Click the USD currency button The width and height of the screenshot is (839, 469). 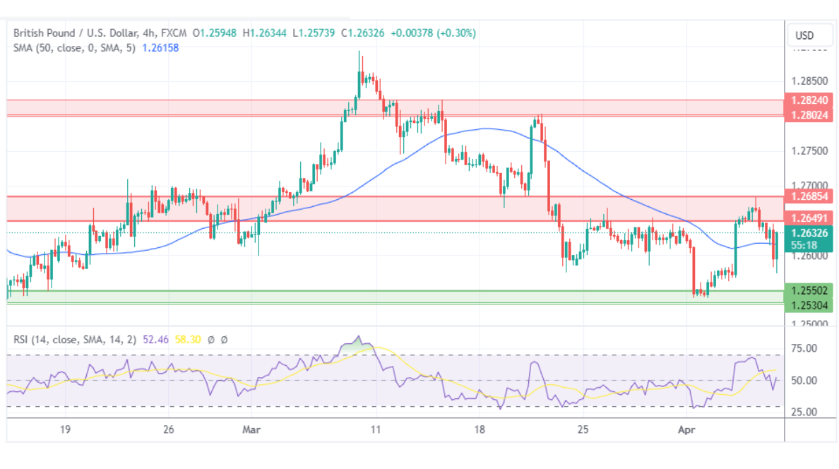click(x=804, y=35)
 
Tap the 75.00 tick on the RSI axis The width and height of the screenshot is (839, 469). click(x=804, y=348)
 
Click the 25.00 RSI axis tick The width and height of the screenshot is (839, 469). click(x=804, y=412)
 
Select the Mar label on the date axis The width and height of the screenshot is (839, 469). click(x=251, y=429)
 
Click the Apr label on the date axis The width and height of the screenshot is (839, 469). click(x=685, y=429)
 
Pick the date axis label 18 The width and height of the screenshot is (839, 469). click(x=480, y=429)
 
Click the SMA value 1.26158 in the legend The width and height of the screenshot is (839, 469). click(x=161, y=47)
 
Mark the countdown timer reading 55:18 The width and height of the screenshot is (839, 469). click(x=804, y=244)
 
